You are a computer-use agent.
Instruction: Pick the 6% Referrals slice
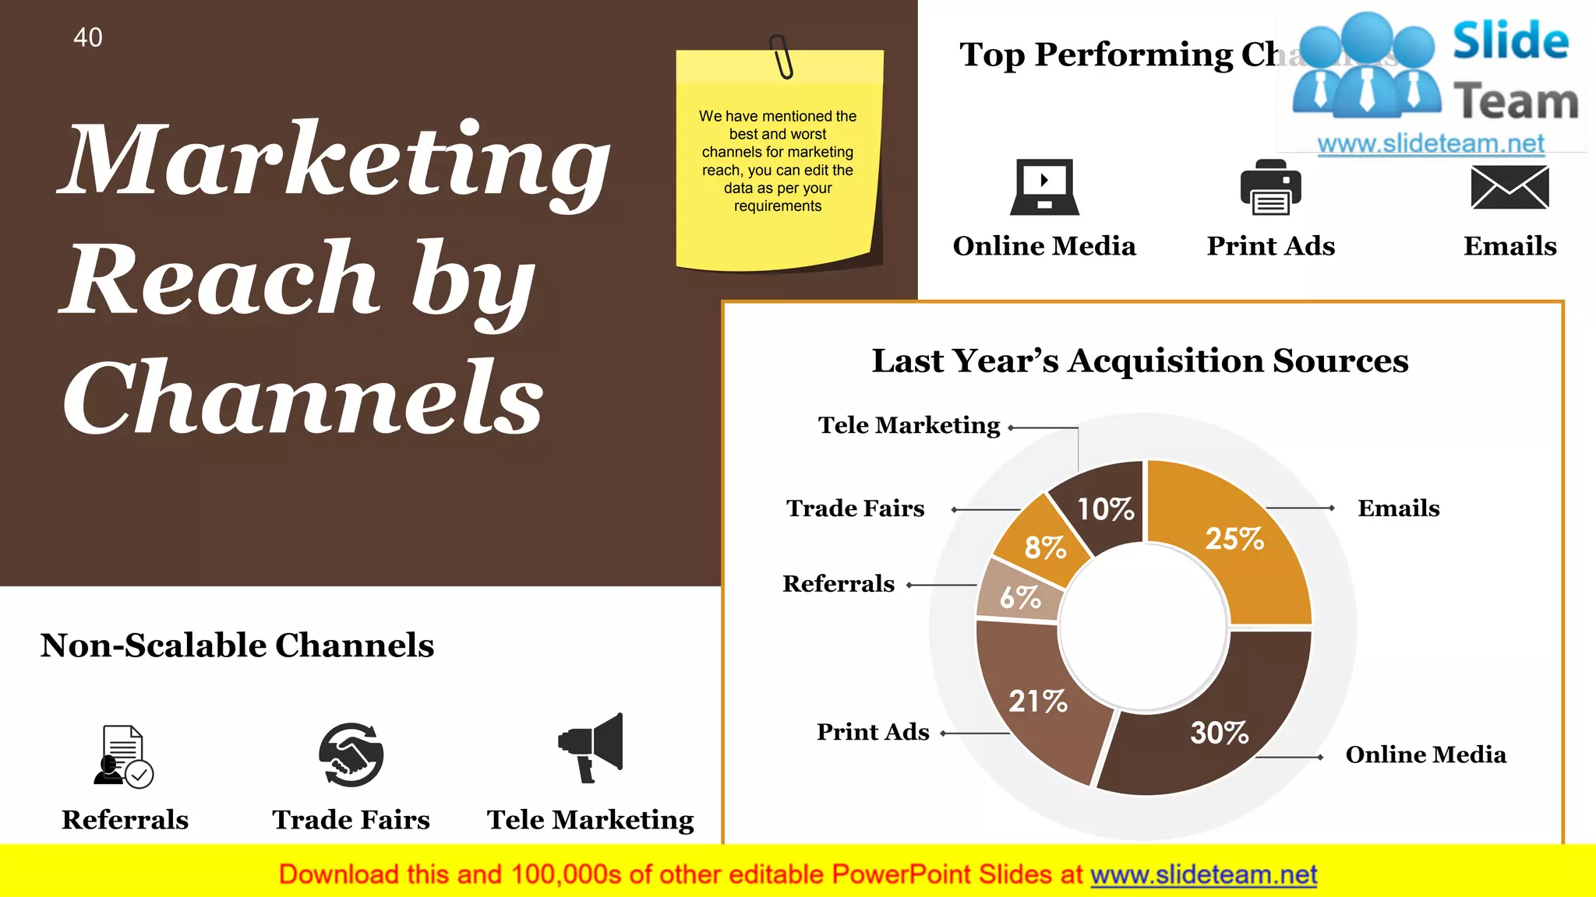[x=1019, y=597]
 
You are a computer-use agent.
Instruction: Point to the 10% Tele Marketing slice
[x=1105, y=508]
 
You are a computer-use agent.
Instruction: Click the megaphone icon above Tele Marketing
[x=591, y=747]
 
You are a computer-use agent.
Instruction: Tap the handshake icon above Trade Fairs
[x=351, y=755]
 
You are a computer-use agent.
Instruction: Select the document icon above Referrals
[x=123, y=756]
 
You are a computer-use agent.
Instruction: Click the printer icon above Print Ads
[x=1270, y=187]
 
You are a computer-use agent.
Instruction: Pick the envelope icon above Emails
[x=1509, y=188]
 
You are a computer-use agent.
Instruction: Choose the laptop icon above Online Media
[x=1044, y=187]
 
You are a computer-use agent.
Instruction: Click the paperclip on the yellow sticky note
[x=781, y=57]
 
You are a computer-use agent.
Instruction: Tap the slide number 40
[x=88, y=37]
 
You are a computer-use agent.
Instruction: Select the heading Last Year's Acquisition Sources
[x=1139, y=361]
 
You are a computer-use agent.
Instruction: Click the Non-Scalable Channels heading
[x=237, y=645]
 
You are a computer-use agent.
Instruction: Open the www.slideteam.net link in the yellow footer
[x=1203, y=874]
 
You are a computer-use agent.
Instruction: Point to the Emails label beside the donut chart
[x=1398, y=508]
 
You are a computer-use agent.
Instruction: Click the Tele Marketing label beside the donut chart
[x=909, y=425]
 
